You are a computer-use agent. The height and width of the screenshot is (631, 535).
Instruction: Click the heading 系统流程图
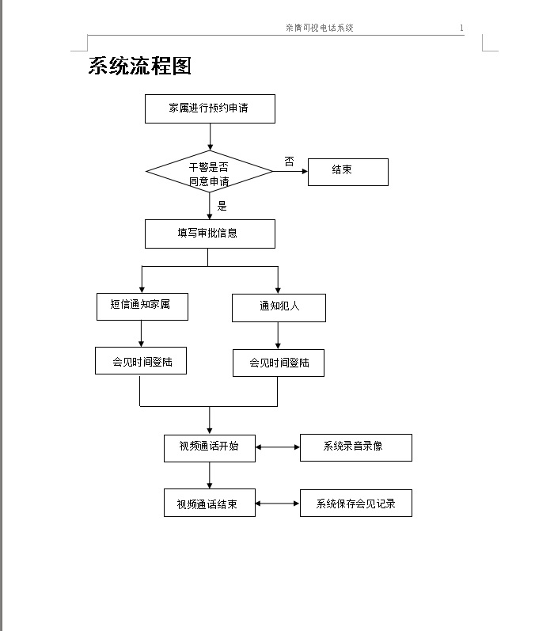[139, 66]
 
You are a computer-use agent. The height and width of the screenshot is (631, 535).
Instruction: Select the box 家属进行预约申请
[210, 108]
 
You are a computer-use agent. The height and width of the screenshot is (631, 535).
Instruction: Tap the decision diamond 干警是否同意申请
[209, 172]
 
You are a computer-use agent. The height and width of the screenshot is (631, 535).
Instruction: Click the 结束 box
[348, 172]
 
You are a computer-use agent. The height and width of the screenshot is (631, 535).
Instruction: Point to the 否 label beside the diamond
[289, 162]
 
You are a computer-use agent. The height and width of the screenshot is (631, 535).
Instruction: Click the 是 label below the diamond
[222, 206]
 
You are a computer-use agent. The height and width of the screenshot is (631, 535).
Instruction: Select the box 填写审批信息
[210, 234]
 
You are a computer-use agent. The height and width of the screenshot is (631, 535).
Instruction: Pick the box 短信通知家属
[142, 306]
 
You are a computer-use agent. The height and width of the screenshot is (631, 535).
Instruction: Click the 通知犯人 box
[279, 308]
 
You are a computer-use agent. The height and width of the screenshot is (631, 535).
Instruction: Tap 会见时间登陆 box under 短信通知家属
[141, 360]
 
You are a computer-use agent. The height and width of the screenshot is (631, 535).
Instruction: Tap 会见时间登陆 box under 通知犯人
[279, 363]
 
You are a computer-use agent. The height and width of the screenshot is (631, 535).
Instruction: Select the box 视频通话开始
[210, 448]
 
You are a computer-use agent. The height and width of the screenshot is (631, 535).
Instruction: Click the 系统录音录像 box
[356, 447]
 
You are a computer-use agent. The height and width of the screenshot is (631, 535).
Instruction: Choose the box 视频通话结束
[210, 503]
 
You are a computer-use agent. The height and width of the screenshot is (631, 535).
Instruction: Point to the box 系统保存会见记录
[356, 503]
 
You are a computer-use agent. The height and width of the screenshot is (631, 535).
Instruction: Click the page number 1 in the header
[461, 28]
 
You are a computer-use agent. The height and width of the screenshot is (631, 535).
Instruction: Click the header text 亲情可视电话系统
[320, 28]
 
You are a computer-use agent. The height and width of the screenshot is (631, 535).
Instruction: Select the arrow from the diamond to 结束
[290, 172]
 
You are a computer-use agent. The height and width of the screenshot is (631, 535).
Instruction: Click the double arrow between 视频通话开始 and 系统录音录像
[278, 447]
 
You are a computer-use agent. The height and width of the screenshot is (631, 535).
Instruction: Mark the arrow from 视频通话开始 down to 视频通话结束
[210, 475]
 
